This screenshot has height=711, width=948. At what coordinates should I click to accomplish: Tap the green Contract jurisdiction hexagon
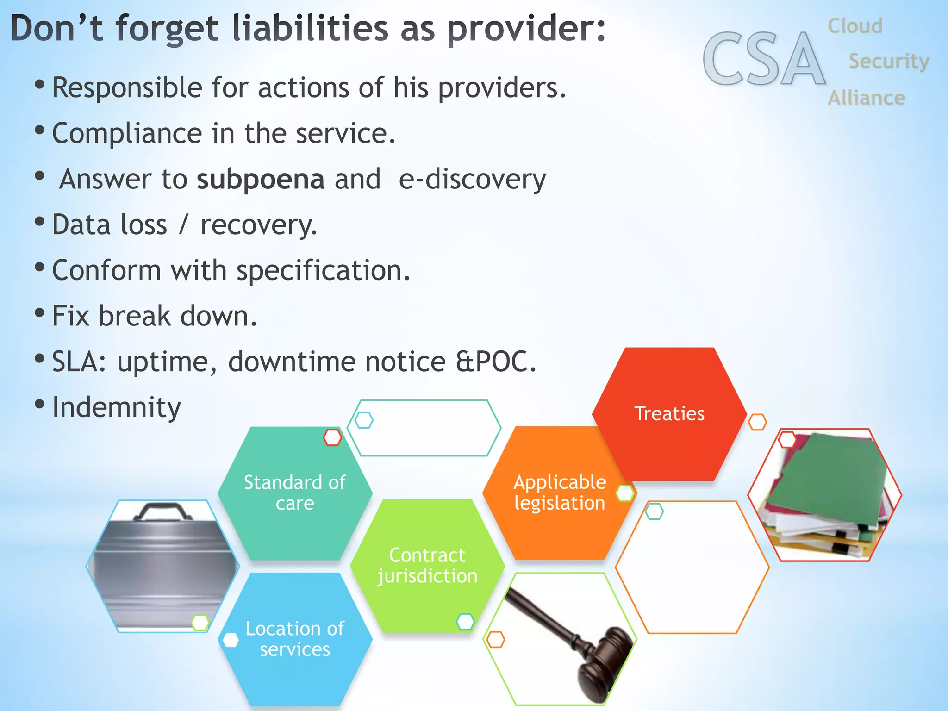[x=427, y=566]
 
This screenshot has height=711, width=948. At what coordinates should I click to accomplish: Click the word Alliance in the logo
[x=866, y=98]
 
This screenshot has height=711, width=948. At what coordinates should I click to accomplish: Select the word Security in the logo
[x=888, y=62]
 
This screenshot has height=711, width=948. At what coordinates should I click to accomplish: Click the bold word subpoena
[x=260, y=180]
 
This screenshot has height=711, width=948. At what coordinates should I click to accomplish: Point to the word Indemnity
[x=116, y=408]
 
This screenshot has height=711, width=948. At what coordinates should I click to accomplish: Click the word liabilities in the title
[x=310, y=29]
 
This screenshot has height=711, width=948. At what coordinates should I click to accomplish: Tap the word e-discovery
[x=472, y=180]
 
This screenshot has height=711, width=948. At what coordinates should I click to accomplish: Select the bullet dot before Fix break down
[x=40, y=313]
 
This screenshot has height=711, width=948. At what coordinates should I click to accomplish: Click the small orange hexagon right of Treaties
[x=757, y=422]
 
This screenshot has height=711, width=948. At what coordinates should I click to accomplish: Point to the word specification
[x=323, y=271]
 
